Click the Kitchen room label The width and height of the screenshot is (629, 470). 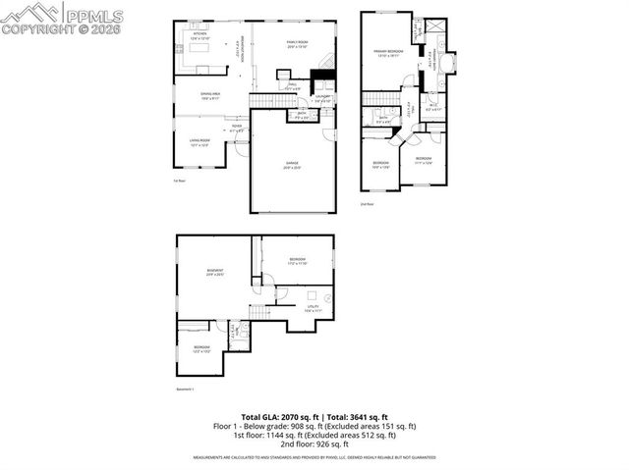coord(200,35)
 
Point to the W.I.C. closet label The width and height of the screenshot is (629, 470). coord(433,107)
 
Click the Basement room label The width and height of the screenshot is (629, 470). coord(214,272)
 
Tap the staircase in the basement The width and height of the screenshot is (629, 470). coord(258,312)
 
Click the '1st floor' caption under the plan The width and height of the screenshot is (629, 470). coord(179,181)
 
